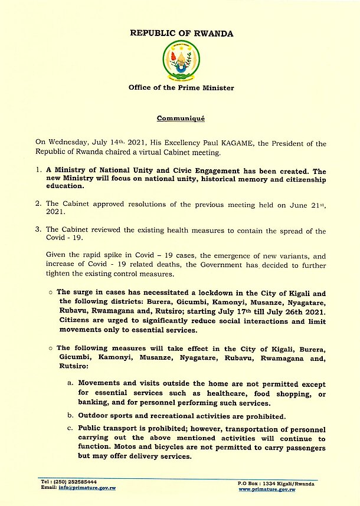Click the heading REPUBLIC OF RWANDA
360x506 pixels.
[x=181, y=34]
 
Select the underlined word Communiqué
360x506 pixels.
[x=181, y=119]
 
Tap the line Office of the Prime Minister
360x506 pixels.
[x=181, y=88]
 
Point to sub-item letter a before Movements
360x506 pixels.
[x=71, y=384]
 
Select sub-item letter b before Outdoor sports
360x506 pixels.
[x=71, y=416]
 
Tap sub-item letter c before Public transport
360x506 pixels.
[x=71, y=428]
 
